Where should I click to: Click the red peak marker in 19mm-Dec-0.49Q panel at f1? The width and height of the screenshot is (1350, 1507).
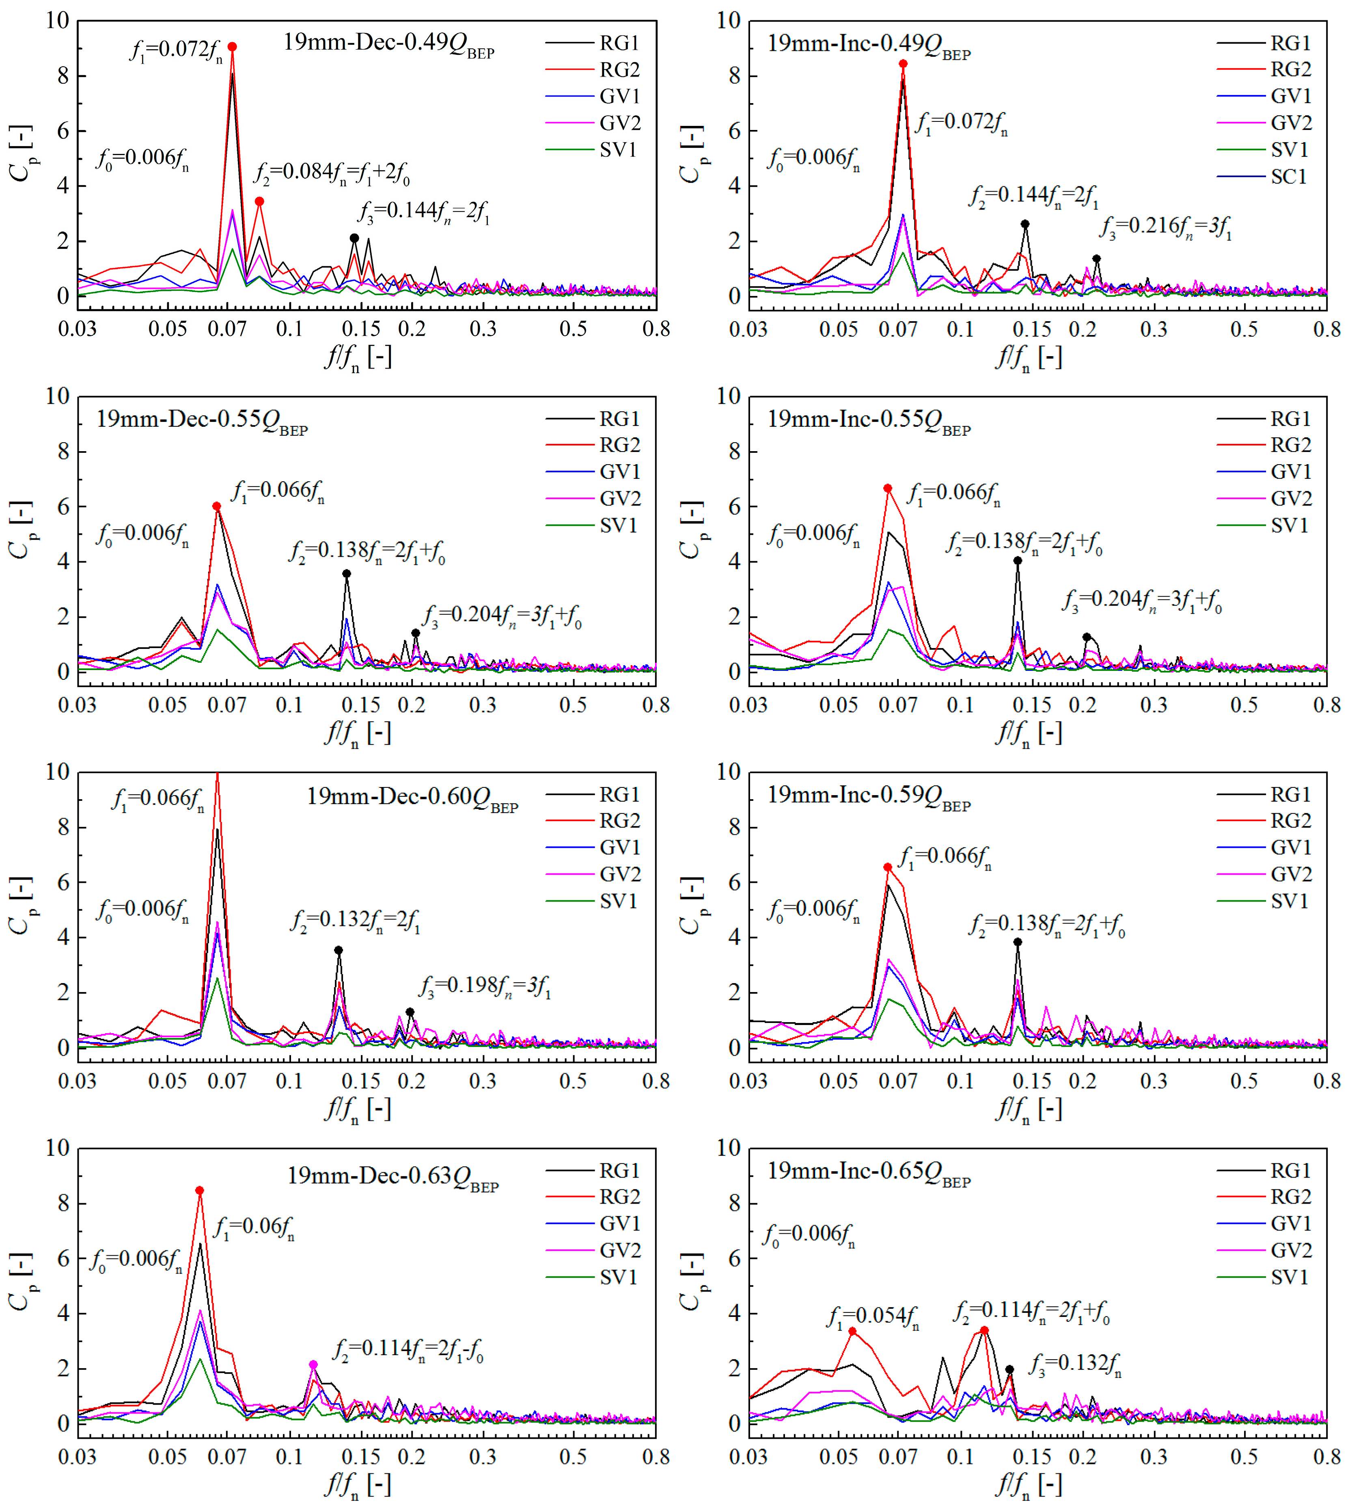click(x=232, y=47)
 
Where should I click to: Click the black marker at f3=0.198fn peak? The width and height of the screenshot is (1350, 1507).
click(x=410, y=1012)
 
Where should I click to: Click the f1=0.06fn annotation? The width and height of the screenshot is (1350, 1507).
click(x=254, y=1227)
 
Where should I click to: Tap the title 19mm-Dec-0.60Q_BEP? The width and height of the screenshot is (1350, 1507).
click(x=412, y=798)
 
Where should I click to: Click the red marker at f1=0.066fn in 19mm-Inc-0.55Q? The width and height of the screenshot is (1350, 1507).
click(x=888, y=488)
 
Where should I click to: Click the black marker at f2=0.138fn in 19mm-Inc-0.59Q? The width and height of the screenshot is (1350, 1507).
click(x=1018, y=943)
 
